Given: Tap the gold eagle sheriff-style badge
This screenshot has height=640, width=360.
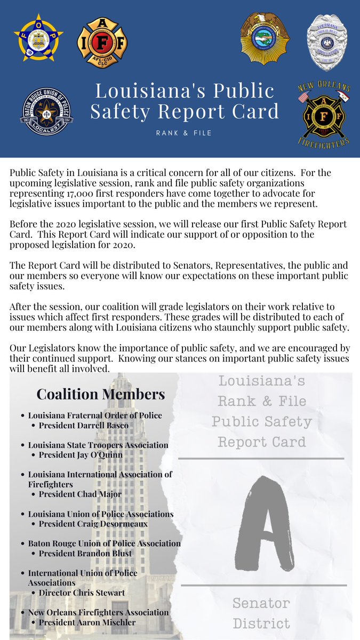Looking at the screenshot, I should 265,38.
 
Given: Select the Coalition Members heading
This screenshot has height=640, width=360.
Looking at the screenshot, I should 100,394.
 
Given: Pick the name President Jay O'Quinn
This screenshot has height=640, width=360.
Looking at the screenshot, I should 81,455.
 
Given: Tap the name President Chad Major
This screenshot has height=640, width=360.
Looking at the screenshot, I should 80,494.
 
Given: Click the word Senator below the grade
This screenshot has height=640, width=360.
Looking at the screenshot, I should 261,604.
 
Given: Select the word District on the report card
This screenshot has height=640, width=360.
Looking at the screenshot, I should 261,623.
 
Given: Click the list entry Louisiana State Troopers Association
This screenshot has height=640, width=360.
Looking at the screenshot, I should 98,445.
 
